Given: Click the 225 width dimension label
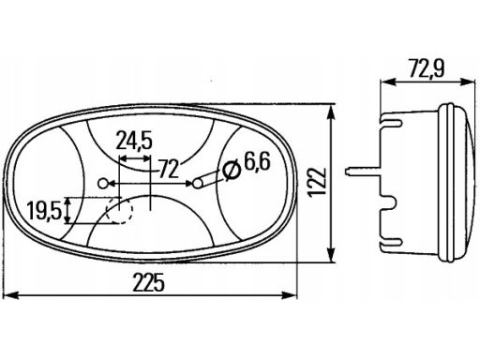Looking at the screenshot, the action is [x=148, y=282].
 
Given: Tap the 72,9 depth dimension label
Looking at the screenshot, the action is [x=427, y=68].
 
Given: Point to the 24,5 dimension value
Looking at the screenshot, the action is [x=134, y=141].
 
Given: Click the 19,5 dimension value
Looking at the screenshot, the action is [x=44, y=210].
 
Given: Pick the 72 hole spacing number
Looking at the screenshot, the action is [x=169, y=170].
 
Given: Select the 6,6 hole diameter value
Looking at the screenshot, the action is [x=257, y=162].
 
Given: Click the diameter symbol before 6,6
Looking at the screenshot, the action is [x=232, y=170].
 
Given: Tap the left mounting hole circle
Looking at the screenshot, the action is [x=103, y=184].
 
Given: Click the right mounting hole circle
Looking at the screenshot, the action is [x=198, y=184].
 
